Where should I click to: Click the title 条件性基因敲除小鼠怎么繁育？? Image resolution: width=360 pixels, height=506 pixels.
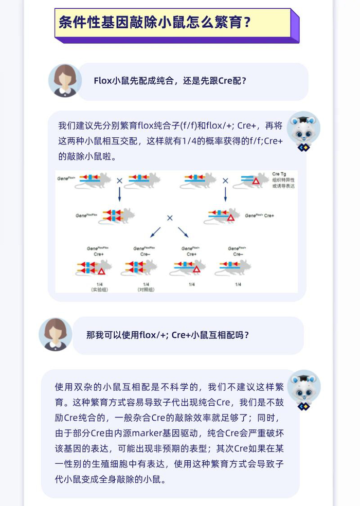(x=155, y=23)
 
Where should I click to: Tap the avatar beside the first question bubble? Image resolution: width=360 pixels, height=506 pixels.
(x=65, y=80)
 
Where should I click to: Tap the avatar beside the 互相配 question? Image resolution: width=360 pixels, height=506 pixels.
(x=56, y=334)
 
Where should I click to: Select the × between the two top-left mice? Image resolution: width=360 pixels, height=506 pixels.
(x=120, y=180)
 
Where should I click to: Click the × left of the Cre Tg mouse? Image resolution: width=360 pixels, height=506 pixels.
(x=225, y=180)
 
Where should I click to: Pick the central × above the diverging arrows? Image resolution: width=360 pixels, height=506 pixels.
(x=170, y=218)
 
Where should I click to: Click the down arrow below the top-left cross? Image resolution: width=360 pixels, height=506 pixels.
(x=120, y=194)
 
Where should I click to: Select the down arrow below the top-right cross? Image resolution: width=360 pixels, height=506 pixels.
(x=225, y=194)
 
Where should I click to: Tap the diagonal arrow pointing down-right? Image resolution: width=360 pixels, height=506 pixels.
(x=183, y=232)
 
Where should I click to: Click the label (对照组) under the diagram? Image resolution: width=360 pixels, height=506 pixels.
(x=146, y=290)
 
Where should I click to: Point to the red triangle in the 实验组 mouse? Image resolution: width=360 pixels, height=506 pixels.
(x=102, y=270)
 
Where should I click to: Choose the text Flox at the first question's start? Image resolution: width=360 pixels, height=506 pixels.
(x=102, y=81)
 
